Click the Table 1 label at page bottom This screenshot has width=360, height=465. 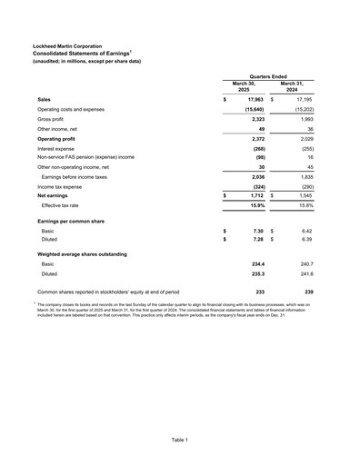[x=180, y=440]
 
